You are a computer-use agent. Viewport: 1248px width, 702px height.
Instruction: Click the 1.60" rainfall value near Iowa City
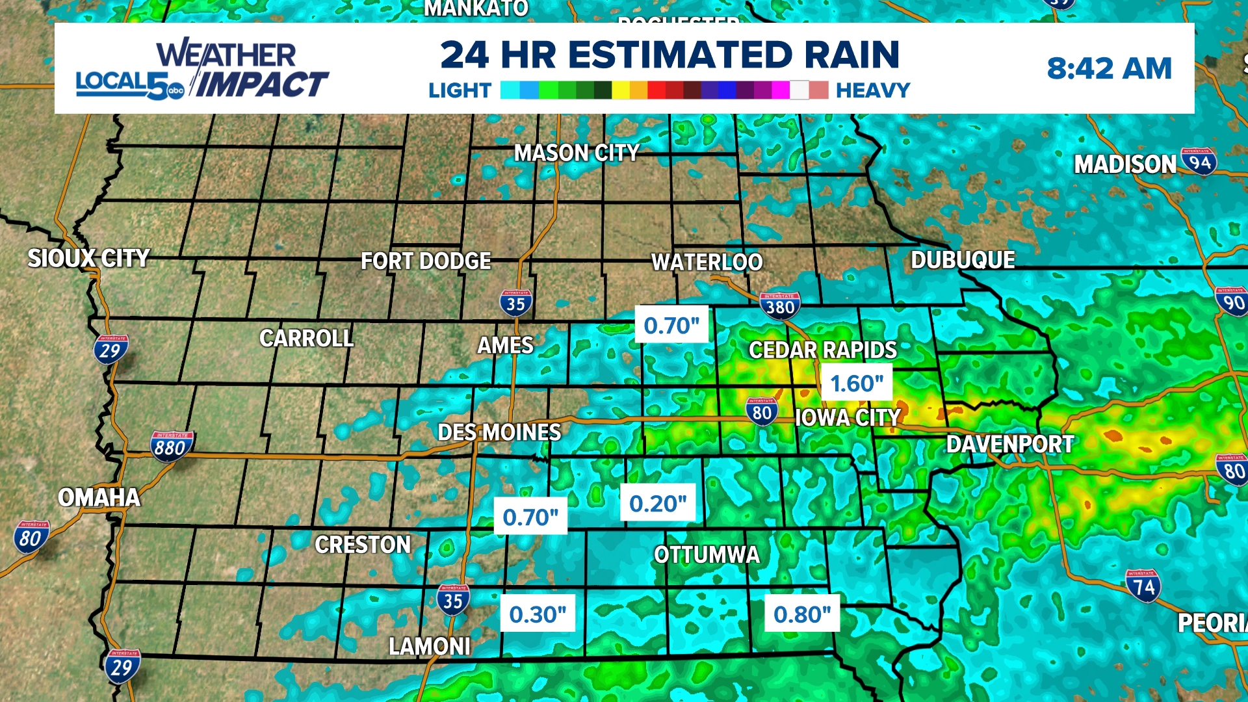tap(857, 383)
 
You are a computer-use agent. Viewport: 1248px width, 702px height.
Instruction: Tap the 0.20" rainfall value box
tap(658, 503)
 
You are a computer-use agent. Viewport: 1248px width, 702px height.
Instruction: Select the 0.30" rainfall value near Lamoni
tap(538, 614)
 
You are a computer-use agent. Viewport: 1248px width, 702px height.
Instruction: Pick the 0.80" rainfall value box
tap(802, 614)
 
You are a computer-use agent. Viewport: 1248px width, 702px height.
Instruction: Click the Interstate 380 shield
tap(780, 305)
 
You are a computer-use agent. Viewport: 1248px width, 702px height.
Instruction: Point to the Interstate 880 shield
tap(171, 447)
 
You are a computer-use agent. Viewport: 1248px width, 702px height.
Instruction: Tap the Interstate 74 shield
tap(1143, 586)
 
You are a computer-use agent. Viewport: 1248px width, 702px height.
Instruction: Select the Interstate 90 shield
tap(1232, 302)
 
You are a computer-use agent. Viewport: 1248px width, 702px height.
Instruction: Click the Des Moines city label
tap(499, 432)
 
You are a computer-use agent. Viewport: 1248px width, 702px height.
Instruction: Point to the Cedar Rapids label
tap(822, 350)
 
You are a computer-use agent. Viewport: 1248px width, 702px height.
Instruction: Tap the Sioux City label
tap(88, 258)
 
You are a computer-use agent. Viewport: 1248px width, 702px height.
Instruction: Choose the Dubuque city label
tap(963, 260)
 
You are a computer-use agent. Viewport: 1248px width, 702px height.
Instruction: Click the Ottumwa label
tap(707, 554)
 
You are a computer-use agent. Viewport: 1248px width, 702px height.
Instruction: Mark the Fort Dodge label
tap(426, 261)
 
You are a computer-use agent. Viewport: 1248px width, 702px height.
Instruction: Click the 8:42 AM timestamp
tap(1109, 68)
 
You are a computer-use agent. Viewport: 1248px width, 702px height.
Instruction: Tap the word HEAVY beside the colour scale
tap(872, 90)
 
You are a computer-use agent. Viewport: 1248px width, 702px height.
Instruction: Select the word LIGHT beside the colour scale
tap(460, 90)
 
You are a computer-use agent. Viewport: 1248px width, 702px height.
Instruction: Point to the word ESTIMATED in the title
tap(682, 55)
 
